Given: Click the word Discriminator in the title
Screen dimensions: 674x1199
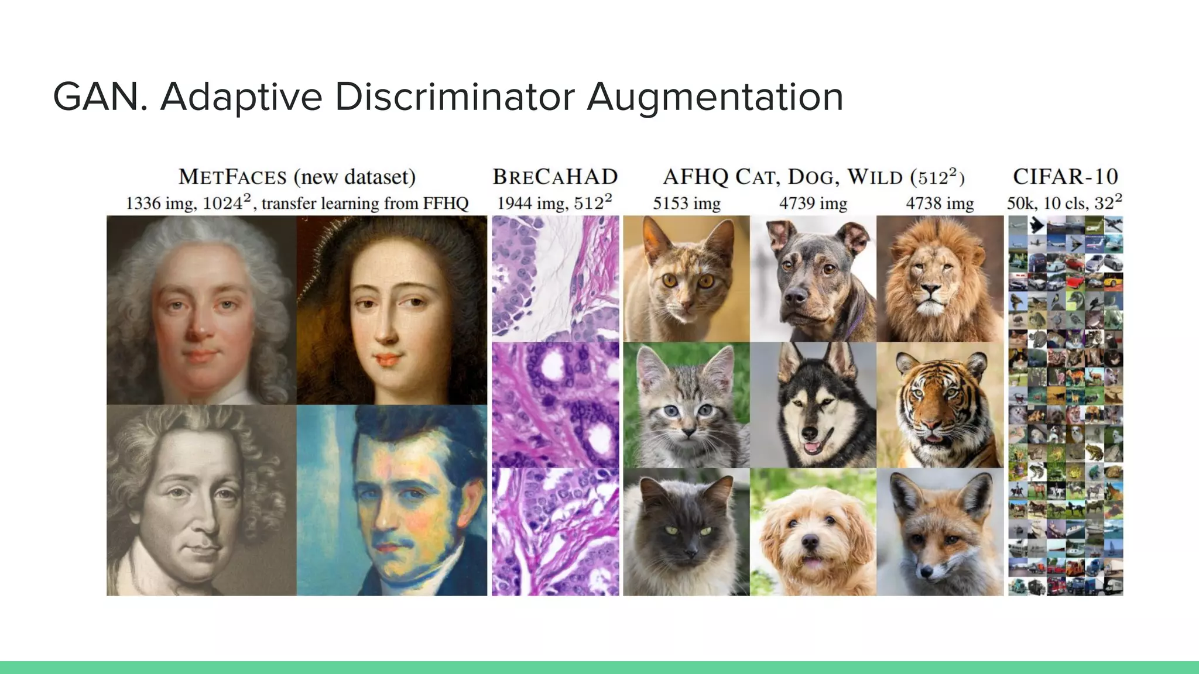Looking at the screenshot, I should pos(454,97).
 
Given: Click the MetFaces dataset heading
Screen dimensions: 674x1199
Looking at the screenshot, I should pos(297,177).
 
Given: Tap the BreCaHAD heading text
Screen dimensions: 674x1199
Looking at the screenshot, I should pos(555,177).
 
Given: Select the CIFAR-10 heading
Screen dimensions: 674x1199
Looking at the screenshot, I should pos(1065,177).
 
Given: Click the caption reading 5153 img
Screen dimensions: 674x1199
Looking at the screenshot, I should pos(686,204).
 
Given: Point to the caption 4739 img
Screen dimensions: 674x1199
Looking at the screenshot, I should pos(813,204).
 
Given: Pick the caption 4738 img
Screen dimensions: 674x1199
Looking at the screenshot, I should pos(940,204).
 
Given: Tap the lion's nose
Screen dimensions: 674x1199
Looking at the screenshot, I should pos(931,288).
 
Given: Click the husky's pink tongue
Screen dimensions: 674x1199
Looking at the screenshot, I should pos(813,448).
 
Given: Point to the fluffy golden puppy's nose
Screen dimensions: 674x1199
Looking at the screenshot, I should pos(810,542).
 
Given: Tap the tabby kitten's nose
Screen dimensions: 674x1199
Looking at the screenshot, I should pos(688,432).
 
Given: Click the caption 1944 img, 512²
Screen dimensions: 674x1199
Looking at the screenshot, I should pos(554,204).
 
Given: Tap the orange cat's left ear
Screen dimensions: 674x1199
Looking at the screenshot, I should pos(651,237).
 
